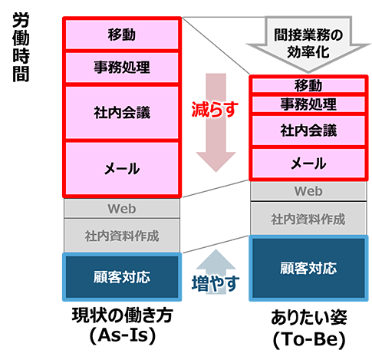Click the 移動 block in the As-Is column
122,35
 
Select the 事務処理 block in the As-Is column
122,68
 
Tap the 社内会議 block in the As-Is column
122,113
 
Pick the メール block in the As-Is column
122,169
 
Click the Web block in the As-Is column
122,209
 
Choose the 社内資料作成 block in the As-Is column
122,236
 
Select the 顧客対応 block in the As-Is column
122,277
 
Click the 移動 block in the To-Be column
308,85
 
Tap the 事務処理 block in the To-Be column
308,104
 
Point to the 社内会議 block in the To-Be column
308,130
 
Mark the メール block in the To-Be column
308,163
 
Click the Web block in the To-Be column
308,191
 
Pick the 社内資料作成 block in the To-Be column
308,219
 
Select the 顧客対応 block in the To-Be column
308,268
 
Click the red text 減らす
215,109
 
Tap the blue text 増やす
216,283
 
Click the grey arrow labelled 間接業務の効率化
308,44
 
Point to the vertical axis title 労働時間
21,48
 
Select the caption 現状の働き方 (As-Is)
123,325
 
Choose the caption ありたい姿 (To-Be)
309,329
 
